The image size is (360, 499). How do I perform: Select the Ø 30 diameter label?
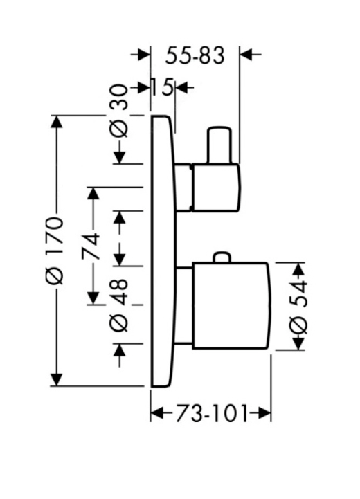[x=118, y=111]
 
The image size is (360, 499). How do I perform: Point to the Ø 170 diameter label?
[x=55, y=251]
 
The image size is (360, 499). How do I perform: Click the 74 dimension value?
[x=91, y=246]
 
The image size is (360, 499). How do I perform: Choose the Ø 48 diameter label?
[x=119, y=305]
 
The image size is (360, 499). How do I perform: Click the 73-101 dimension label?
[x=211, y=414]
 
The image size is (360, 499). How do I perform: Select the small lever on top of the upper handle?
[x=219, y=145]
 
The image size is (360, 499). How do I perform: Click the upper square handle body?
[x=216, y=187]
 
